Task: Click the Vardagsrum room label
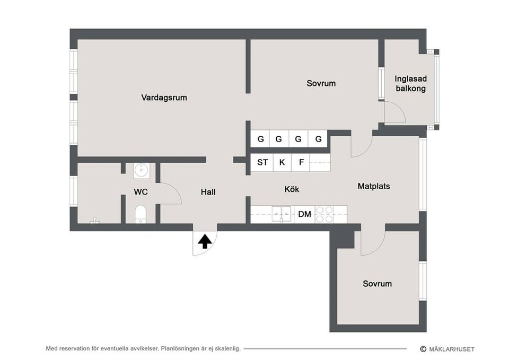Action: [x=164, y=98]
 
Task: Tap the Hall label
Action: [x=208, y=192]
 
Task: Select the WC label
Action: [x=141, y=192]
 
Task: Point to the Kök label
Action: [x=292, y=189]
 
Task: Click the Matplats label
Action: [x=373, y=186]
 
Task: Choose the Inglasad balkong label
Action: [x=410, y=84]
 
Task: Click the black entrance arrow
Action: [x=205, y=242]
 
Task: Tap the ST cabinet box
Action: [x=262, y=163]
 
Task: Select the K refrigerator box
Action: [x=282, y=163]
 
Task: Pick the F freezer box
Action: [x=301, y=163]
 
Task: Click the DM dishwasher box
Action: [x=304, y=214]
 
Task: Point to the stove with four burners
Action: [x=324, y=214]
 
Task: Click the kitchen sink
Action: [x=281, y=214]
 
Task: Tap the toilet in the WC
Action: [x=141, y=214]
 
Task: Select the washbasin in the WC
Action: [x=141, y=170]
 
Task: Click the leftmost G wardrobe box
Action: [x=260, y=139]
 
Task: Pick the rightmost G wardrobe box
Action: [x=318, y=139]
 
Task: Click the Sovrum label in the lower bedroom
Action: [x=377, y=284]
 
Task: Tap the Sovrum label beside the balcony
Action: [x=321, y=83]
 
